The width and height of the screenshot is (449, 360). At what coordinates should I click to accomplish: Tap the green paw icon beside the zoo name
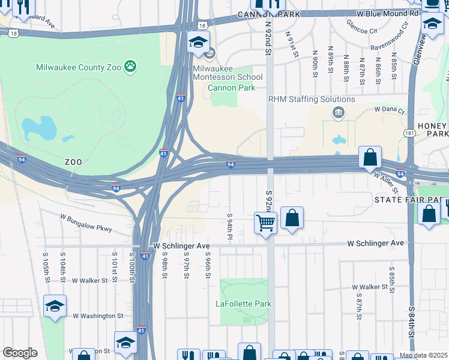pos(130,65)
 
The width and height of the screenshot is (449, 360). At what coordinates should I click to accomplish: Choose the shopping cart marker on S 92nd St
pos(265,223)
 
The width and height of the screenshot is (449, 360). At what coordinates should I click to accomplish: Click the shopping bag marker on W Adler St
pos(371,158)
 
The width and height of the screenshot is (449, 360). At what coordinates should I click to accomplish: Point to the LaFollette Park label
pos(243,304)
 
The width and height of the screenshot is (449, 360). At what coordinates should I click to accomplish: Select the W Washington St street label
pos(98,316)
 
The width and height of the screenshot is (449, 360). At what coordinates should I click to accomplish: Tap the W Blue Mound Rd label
pos(387,13)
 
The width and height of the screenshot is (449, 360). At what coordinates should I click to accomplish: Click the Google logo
pos(20,353)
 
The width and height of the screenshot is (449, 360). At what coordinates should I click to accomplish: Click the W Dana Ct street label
pos(390,110)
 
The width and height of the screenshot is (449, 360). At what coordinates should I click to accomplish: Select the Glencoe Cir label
pos(362,26)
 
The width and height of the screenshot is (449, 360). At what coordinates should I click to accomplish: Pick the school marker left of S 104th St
pos(55,307)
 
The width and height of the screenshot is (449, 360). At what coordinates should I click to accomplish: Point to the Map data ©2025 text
pos(423,355)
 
